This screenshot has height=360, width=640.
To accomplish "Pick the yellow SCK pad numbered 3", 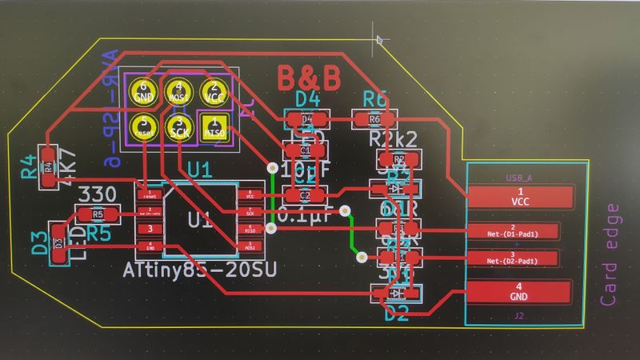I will [x=179, y=126].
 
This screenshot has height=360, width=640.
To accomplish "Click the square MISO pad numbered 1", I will [x=214, y=126].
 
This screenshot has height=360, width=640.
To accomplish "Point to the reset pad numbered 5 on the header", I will [x=145, y=126].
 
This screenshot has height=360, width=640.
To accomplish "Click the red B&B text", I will [x=309, y=78].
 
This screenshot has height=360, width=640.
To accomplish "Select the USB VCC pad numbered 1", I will [x=520, y=196].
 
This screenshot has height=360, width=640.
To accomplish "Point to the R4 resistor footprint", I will [x=48, y=166].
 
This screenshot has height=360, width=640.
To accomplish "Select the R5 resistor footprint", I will [x=97, y=214].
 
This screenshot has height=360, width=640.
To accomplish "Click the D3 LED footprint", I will [x=58, y=242].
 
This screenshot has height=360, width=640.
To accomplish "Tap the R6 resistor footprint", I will [x=374, y=119].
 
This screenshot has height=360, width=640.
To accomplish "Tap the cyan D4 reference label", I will [x=307, y=99].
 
